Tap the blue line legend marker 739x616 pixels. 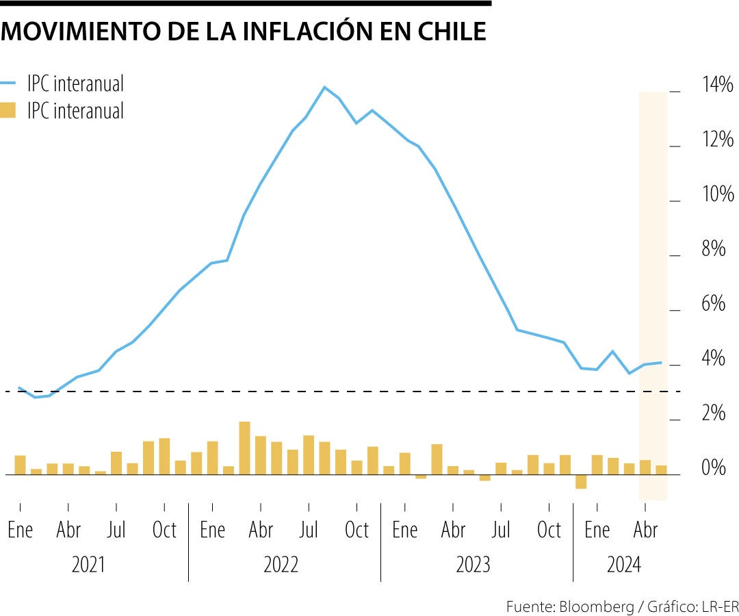(x=8, y=84)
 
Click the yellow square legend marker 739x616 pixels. (x=8, y=110)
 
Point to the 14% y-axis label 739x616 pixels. (x=717, y=85)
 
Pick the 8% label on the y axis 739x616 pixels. (x=713, y=249)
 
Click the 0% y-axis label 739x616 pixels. (x=713, y=468)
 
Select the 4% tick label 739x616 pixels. (x=713, y=359)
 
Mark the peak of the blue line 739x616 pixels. (x=324, y=87)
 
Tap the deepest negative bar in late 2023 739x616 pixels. (x=581, y=481)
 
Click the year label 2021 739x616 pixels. (x=89, y=565)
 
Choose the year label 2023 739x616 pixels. (x=474, y=565)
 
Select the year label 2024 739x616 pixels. (x=624, y=565)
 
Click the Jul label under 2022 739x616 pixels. (x=309, y=530)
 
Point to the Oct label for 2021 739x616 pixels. (x=164, y=530)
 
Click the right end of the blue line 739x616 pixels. (x=661, y=362)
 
